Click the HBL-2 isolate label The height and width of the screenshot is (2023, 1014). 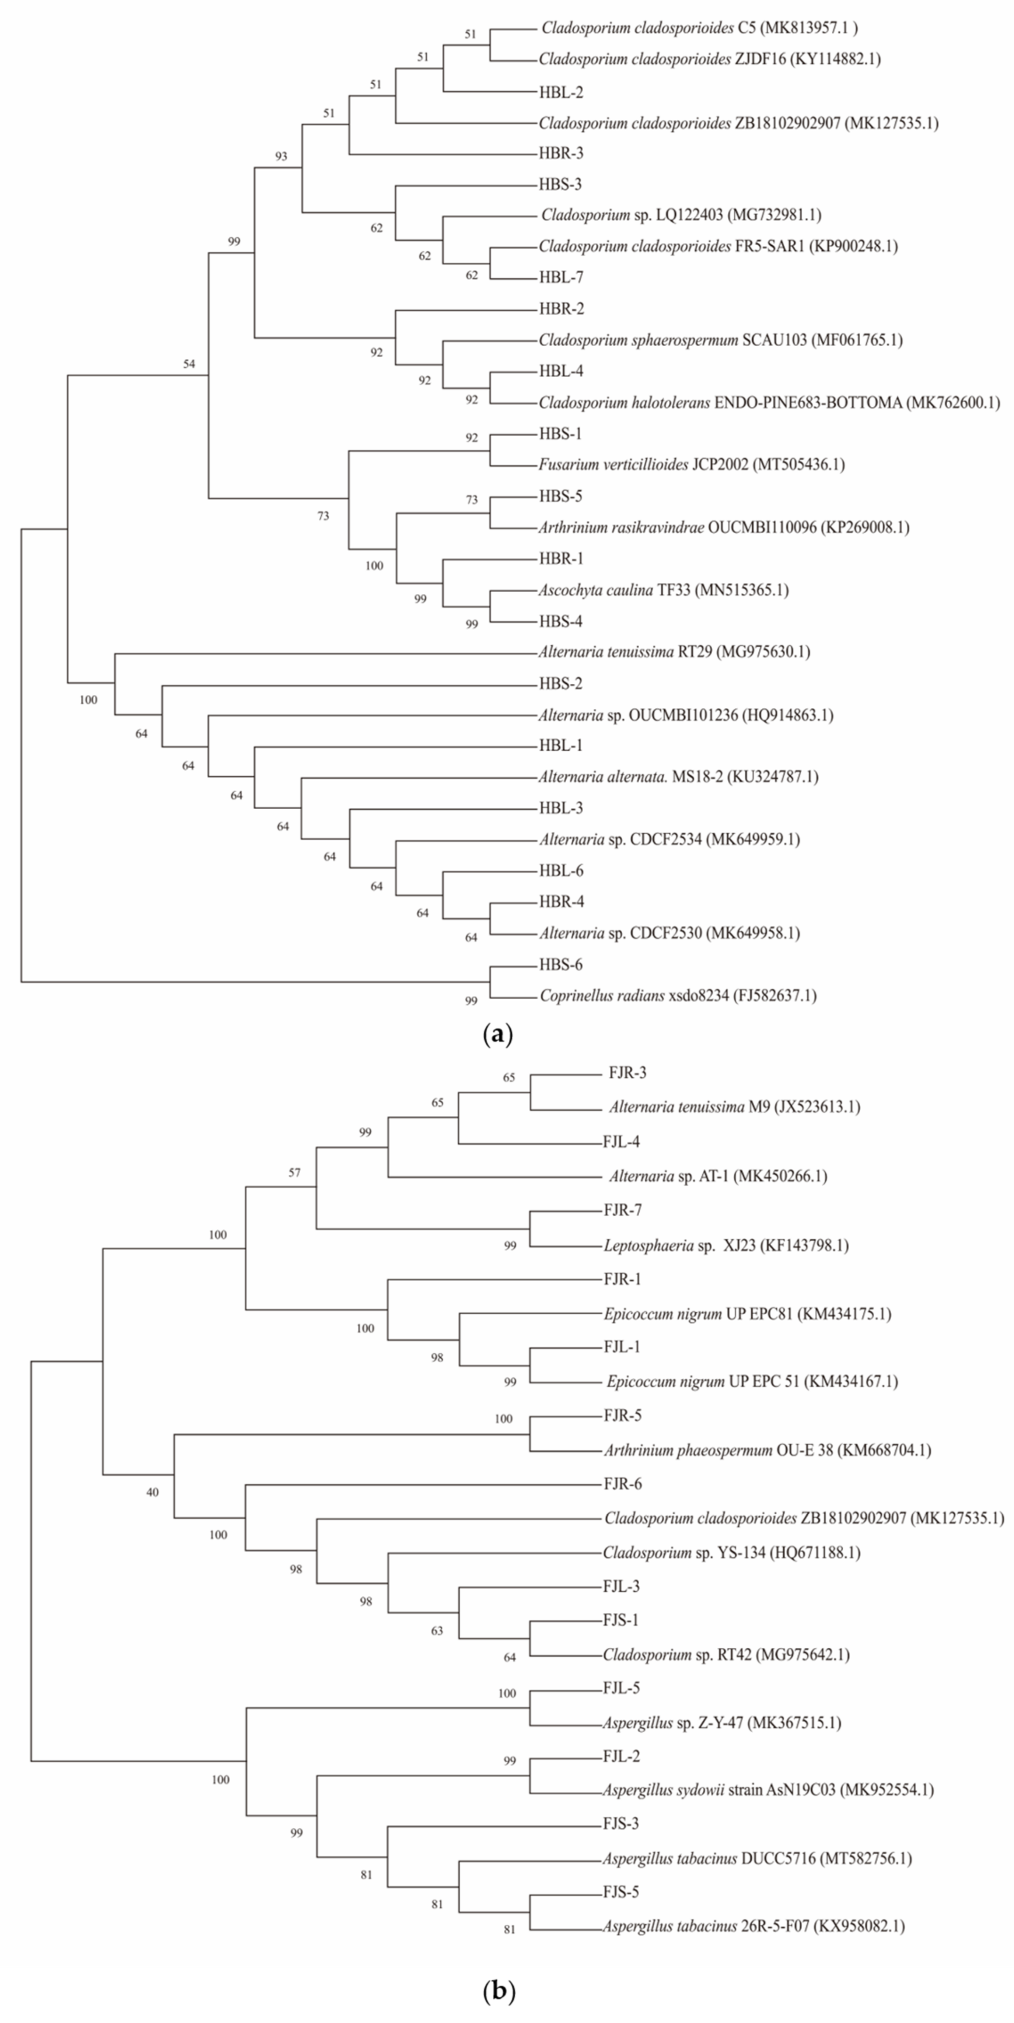point(561,92)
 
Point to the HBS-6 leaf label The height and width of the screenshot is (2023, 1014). point(561,964)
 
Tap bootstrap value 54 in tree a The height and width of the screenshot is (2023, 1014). point(189,364)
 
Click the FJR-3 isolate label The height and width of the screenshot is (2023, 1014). point(627,1073)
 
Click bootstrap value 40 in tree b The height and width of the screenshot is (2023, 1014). point(153,1492)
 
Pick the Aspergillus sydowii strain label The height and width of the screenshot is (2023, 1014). point(768,1790)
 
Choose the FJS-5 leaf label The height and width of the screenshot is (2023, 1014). point(620,1892)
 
